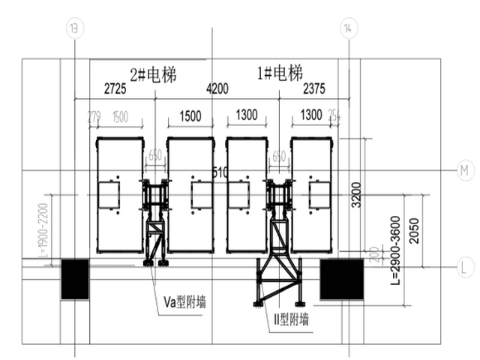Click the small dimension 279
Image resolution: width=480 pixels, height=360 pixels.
pos(94,116)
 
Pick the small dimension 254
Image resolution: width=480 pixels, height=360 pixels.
pos(334,116)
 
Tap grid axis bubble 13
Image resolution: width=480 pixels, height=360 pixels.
pos(74,28)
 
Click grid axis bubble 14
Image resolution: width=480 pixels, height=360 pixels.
pos(346,28)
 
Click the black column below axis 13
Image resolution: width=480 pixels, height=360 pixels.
pos(75,274)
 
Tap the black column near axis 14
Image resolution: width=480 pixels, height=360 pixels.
pos(342,280)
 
